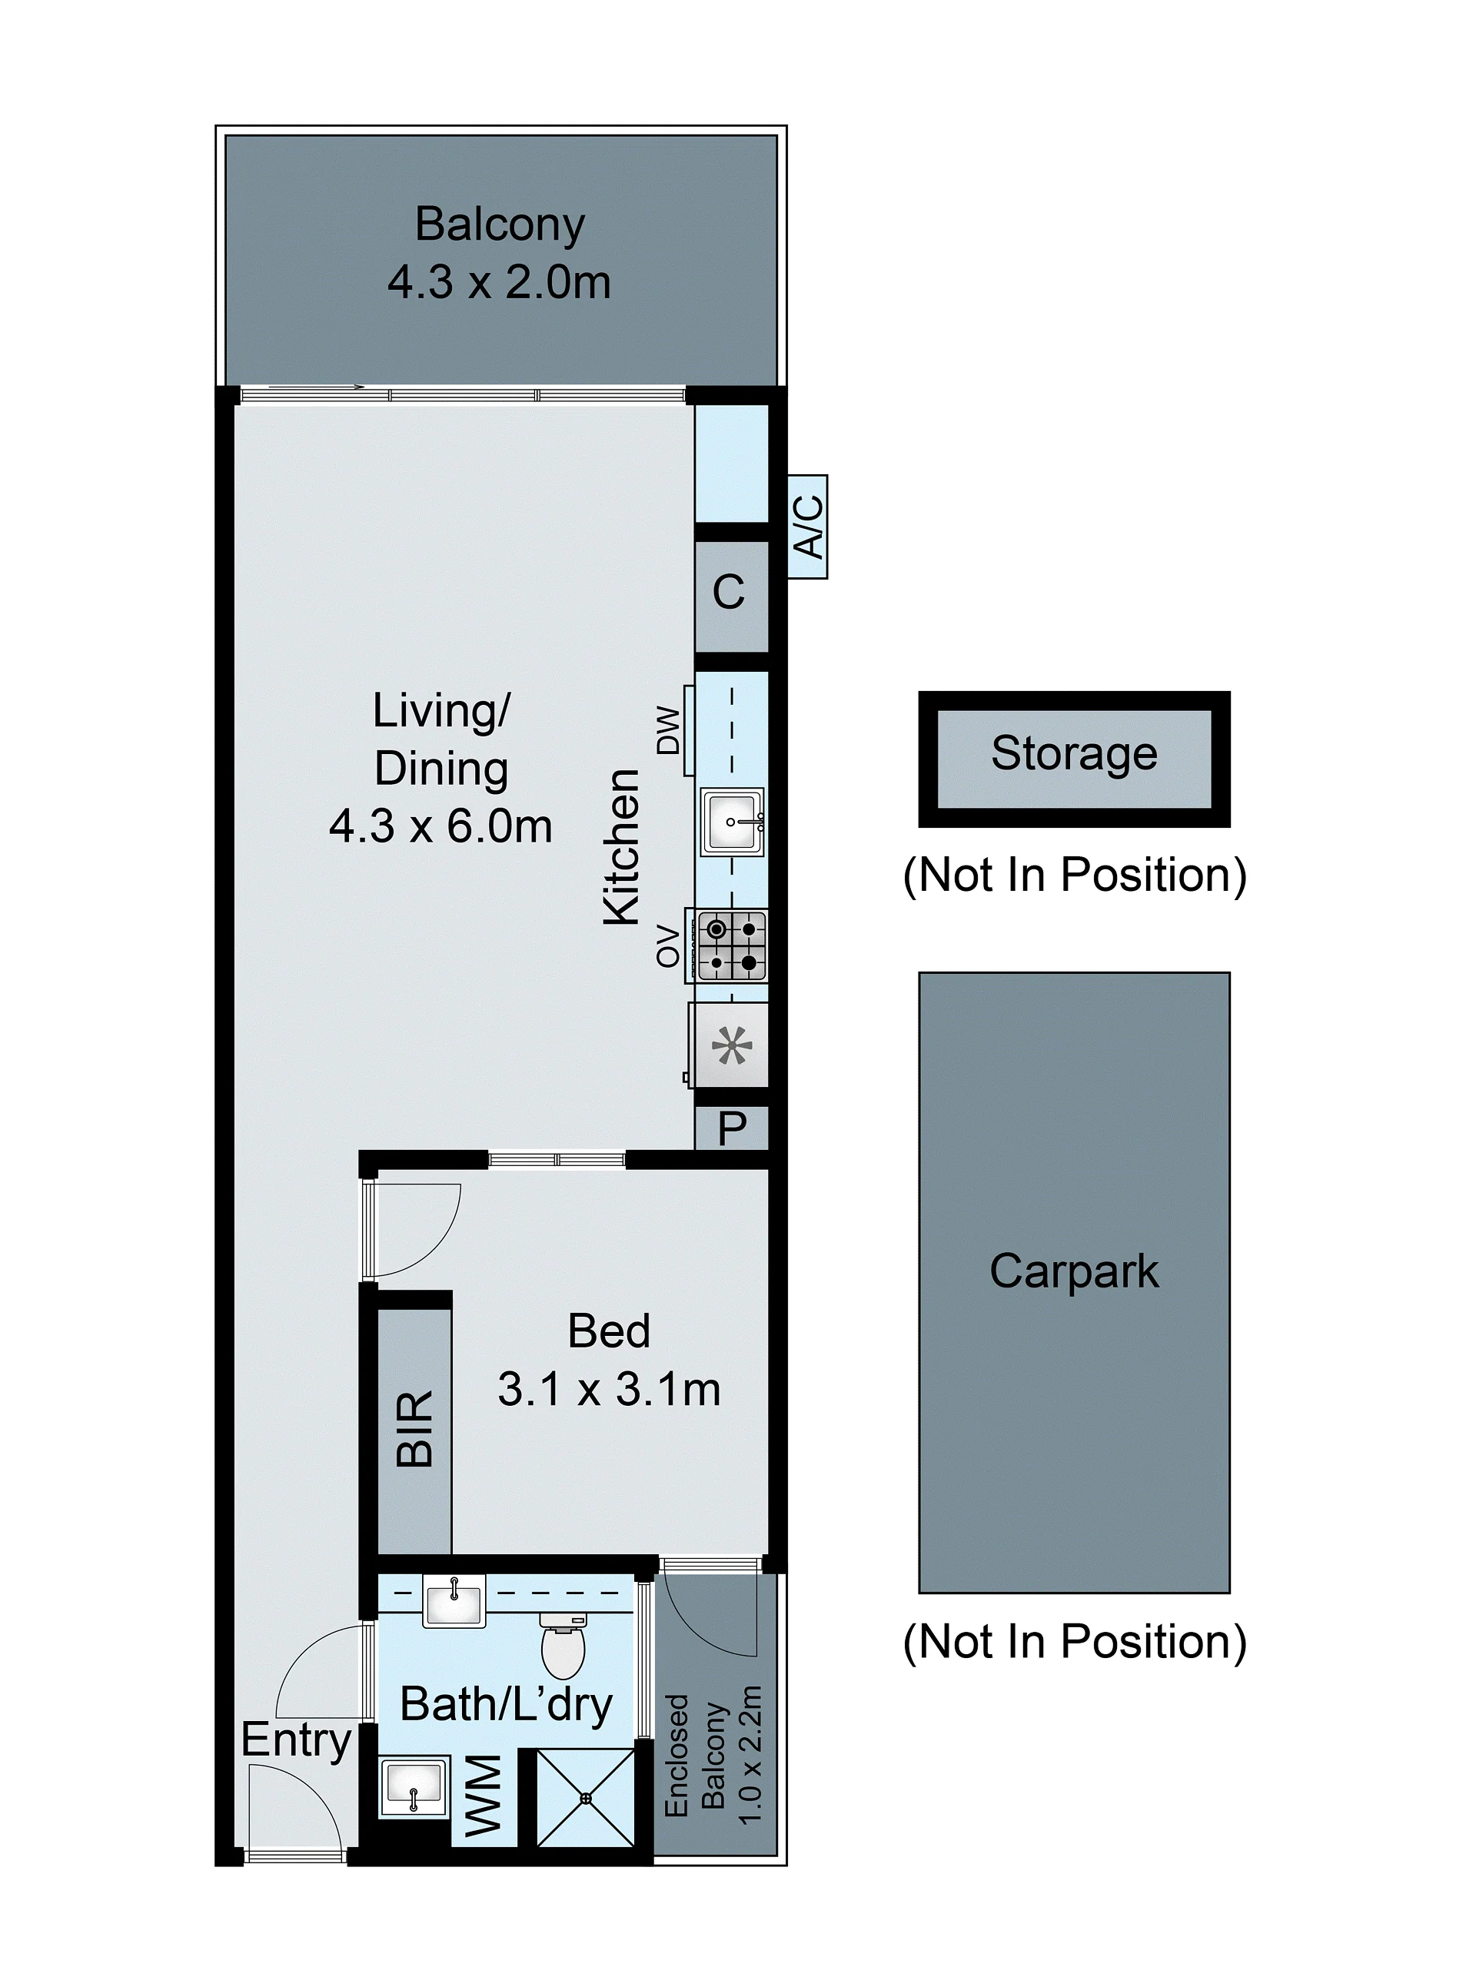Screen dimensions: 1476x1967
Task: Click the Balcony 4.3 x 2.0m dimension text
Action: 499,283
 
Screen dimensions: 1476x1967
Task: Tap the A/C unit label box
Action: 807,527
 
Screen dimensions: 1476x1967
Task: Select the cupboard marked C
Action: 731,596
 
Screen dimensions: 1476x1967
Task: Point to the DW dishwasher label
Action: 668,730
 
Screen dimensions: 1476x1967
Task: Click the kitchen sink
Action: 732,822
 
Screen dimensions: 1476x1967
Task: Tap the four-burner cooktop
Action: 732,945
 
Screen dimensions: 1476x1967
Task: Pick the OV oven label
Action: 668,945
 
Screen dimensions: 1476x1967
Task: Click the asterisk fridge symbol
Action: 732,1045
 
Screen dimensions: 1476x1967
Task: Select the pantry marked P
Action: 732,1128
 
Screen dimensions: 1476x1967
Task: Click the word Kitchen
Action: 621,847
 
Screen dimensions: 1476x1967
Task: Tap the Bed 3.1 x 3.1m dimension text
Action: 609,1389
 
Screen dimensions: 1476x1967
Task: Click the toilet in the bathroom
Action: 563,1645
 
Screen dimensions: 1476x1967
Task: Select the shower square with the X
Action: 586,1797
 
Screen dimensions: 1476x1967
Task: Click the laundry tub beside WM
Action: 414,1786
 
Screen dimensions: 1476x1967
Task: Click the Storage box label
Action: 1074,753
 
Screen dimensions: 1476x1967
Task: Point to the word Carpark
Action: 1074,1271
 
